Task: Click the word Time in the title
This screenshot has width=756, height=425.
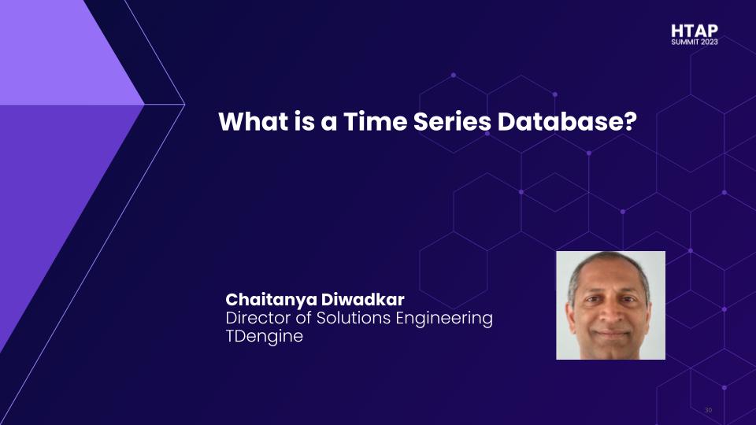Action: coord(375,121)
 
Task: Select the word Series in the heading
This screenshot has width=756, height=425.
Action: coord(452,121)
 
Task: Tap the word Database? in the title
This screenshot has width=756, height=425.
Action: coord(567,121)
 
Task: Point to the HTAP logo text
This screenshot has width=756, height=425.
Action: coord(695,31)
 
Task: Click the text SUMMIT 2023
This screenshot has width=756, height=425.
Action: coord(695,42)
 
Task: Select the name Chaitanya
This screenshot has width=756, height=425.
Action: coord(271,300)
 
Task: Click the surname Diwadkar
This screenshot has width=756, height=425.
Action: coord(362,299)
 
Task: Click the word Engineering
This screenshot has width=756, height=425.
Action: coord(444,319)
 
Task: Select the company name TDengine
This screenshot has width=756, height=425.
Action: coord(265,336)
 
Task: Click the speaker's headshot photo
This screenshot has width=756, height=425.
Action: coord(610,305)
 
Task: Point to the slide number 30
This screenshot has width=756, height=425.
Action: coord(708,410)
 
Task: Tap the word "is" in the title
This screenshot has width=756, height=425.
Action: coord(304,121)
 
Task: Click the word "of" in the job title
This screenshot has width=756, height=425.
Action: coord(304,318)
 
